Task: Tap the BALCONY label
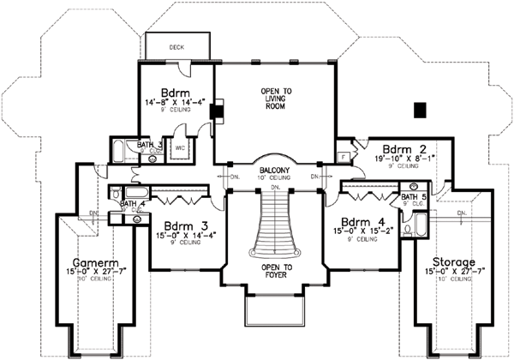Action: (x=277, y=171)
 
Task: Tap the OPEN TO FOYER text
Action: (x=276, y=270)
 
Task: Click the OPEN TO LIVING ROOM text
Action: (x=276, y=95)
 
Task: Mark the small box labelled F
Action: (x=343, y=158)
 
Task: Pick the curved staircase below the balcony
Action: (x=275, y=225)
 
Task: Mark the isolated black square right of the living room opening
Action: (x=420, y=110)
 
